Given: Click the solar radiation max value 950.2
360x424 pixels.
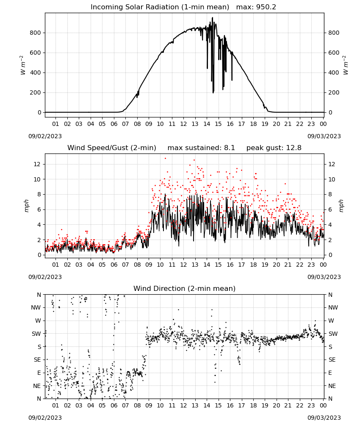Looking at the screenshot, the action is (x=266, y=7).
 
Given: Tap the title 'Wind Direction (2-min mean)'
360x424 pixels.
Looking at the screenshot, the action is (x=185, y=288).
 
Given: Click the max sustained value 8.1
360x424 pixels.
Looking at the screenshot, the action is (x=229, y=148).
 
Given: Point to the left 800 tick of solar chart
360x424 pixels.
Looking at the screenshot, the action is (x=36, y=33).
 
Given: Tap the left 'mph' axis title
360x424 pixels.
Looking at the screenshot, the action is (x=26, y=206).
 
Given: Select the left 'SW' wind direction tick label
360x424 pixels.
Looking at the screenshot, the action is (x=36, y=334).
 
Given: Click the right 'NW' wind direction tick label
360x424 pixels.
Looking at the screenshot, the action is (x=333, y=308).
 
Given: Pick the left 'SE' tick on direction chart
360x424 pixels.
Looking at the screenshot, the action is (x=37, y=360).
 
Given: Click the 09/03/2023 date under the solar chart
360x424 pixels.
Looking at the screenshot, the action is (x=324, y=136).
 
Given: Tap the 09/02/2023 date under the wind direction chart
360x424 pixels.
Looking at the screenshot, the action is (x=45, y=418).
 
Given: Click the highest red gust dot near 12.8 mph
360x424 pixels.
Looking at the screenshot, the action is (x=165, y=159).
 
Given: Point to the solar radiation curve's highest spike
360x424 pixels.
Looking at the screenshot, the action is (x=212, y=17).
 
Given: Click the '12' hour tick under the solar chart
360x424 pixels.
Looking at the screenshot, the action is (x=183, y=124).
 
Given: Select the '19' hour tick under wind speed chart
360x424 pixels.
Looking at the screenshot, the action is (x=265, y=265).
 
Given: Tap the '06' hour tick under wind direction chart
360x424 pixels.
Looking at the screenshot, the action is (x=114, y=406).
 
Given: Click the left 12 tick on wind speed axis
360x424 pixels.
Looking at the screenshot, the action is (x=37, y=164).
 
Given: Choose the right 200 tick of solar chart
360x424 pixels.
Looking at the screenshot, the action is (x=334, y=92).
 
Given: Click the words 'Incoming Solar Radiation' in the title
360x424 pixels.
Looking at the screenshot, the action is (x=135, y=7).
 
